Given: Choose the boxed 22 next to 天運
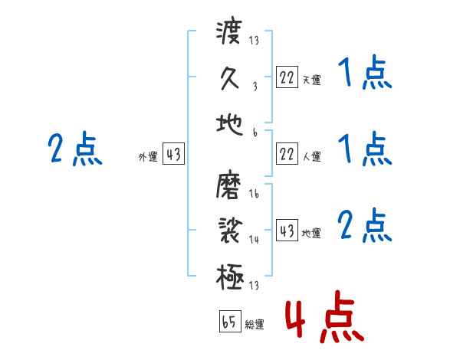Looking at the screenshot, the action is tap(287, 77).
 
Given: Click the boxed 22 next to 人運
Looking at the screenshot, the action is tap(287, 155).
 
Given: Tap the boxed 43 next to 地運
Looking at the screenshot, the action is tap(287, 231).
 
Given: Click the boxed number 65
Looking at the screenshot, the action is tap(228, 322).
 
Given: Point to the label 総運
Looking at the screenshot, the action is tap(254, 325).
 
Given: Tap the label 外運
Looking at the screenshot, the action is tap(148, 157).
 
